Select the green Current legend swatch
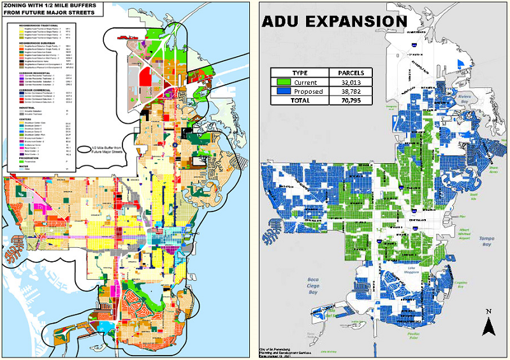click(284, 82)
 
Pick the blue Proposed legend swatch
click(284, 91)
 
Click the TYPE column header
click(300, 73)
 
